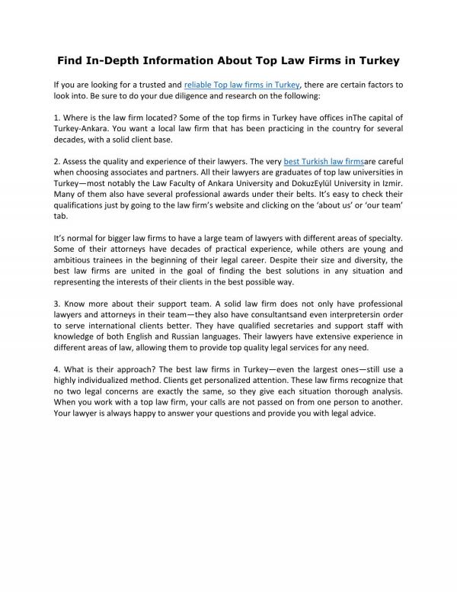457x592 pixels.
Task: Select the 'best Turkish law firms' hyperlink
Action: pyautogui.click(x=324, y=162)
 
